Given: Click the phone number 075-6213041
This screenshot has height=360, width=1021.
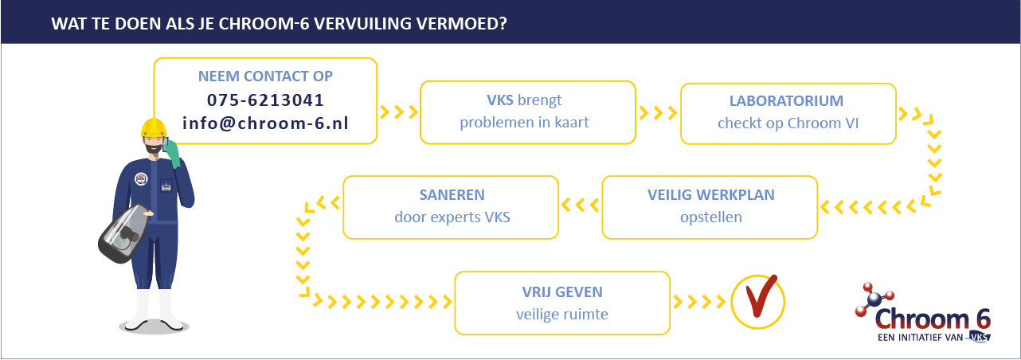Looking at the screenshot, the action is [x=265, y=100].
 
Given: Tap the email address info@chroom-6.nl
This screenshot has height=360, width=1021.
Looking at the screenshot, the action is [x=265, y=123].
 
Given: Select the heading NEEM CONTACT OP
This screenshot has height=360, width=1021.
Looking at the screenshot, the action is [x=265, y=76].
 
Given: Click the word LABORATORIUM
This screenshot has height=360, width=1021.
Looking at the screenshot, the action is [x=786, y=100].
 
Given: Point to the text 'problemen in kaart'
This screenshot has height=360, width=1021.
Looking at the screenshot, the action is [x=524, y=123].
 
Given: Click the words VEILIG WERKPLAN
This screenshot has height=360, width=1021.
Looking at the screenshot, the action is [x=710, y=195].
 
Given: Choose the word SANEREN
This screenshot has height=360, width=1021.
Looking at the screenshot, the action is [x=452, y=195].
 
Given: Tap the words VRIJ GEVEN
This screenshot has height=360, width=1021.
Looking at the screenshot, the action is [x=562, y=292].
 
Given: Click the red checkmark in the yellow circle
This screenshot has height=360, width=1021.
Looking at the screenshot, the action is [x=760, y=301].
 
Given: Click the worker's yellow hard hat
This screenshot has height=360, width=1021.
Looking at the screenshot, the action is [x=154, y=127].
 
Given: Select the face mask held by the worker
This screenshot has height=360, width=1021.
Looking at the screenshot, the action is [x=123, y=233].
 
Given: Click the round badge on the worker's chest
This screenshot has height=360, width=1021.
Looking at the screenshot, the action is [x=141, y=178].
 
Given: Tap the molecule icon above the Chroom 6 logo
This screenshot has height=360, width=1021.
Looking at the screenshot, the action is [x=874, y=299].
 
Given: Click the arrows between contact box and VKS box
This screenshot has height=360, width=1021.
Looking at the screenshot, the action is [x=398, y=112].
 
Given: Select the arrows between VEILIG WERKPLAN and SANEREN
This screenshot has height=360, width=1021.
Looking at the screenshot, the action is [x=581, y=205].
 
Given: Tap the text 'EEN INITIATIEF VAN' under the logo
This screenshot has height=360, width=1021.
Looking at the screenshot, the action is [x=920, y=338].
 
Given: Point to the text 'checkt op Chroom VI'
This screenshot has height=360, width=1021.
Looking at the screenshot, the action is [x=788, y=123].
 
